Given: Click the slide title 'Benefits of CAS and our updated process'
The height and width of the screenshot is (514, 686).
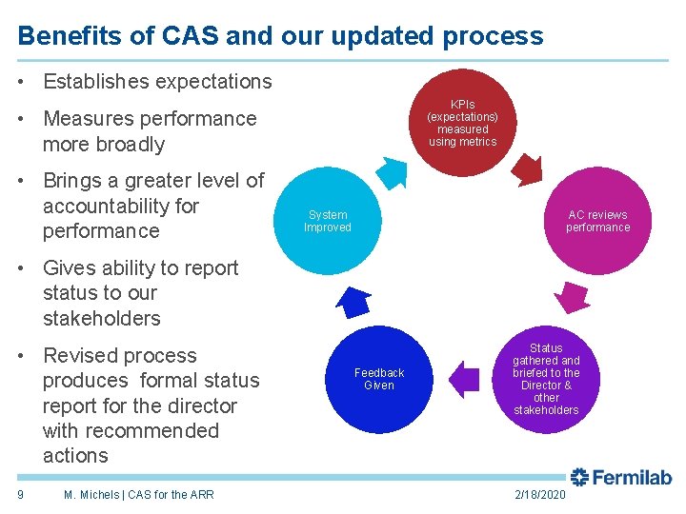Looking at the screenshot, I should pos(280,36).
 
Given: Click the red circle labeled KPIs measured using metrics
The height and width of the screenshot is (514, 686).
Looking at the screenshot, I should pos(463,123).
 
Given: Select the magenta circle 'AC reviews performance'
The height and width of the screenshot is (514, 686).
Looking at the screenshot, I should pos(597,221).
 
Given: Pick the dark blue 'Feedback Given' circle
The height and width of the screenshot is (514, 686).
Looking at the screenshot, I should pos(379,379).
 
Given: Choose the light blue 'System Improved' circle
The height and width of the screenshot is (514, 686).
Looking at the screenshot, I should pos(328,221).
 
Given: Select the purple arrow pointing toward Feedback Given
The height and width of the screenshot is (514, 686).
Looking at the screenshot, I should pos(463,378).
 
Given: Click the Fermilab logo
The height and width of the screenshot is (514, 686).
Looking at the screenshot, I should pos(621,477).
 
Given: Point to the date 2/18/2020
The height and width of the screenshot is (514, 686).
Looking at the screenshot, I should pos(539,495).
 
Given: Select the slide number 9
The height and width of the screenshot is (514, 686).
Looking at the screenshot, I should pos(21,494).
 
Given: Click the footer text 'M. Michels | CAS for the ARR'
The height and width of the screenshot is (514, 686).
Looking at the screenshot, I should pos(138,494).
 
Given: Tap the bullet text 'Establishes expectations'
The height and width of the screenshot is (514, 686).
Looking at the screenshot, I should pos(157,82).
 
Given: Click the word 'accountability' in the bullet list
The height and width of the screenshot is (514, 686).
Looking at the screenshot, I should pos(121,206).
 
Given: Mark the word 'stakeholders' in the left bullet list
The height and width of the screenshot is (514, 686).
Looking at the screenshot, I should pos(101,318).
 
